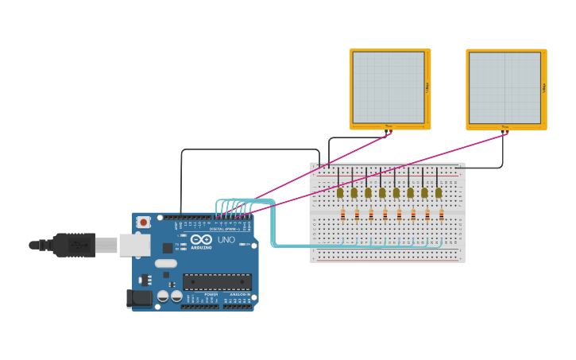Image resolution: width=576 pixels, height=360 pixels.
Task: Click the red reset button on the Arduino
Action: tap(143, 223)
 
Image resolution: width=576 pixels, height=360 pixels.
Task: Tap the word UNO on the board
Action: tap(226, 239)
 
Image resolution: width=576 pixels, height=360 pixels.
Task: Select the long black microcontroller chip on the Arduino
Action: tap(217, 281)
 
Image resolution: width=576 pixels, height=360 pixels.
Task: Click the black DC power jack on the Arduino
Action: tap(139, 299)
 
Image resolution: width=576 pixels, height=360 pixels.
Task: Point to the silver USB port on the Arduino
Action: tap(134, 245)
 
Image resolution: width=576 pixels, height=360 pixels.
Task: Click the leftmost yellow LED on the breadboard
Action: tap(340, 192)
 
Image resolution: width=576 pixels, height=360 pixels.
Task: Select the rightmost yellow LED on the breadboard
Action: tap(439, 192)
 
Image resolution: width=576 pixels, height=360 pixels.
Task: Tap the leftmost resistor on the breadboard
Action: tap(342, 215)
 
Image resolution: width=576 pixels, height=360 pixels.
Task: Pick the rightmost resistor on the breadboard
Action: tap(441, 215)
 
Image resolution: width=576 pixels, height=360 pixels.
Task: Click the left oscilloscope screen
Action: tap(389, 87)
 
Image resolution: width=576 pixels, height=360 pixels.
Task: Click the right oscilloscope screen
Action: tap(504, 87)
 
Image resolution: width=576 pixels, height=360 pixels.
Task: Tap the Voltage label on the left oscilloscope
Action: tap(427, 87)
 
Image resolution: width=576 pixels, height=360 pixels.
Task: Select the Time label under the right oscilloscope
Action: tap(504, 126)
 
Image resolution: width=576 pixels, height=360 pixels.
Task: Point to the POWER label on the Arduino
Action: tap(211, 295)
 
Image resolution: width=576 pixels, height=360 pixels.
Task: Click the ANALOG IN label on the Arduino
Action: tap(238, 295)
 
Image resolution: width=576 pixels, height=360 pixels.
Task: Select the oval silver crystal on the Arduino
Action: tap(165, 263)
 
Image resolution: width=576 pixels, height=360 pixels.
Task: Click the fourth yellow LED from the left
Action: tap(382, 192)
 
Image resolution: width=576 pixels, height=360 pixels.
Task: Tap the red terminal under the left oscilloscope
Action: tap(390, 133)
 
